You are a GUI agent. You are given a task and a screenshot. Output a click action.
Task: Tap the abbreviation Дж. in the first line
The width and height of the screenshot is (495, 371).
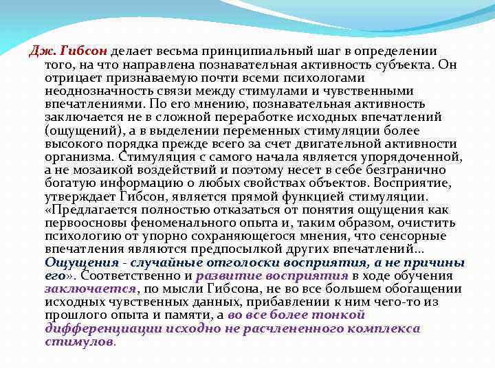(45, 52)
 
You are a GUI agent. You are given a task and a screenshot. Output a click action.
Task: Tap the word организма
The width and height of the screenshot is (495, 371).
(74, 156)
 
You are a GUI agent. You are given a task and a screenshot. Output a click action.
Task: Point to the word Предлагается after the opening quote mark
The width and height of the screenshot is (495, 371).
(87, 210)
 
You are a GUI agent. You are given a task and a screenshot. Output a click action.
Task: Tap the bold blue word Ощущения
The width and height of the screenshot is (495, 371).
(76, 262)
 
